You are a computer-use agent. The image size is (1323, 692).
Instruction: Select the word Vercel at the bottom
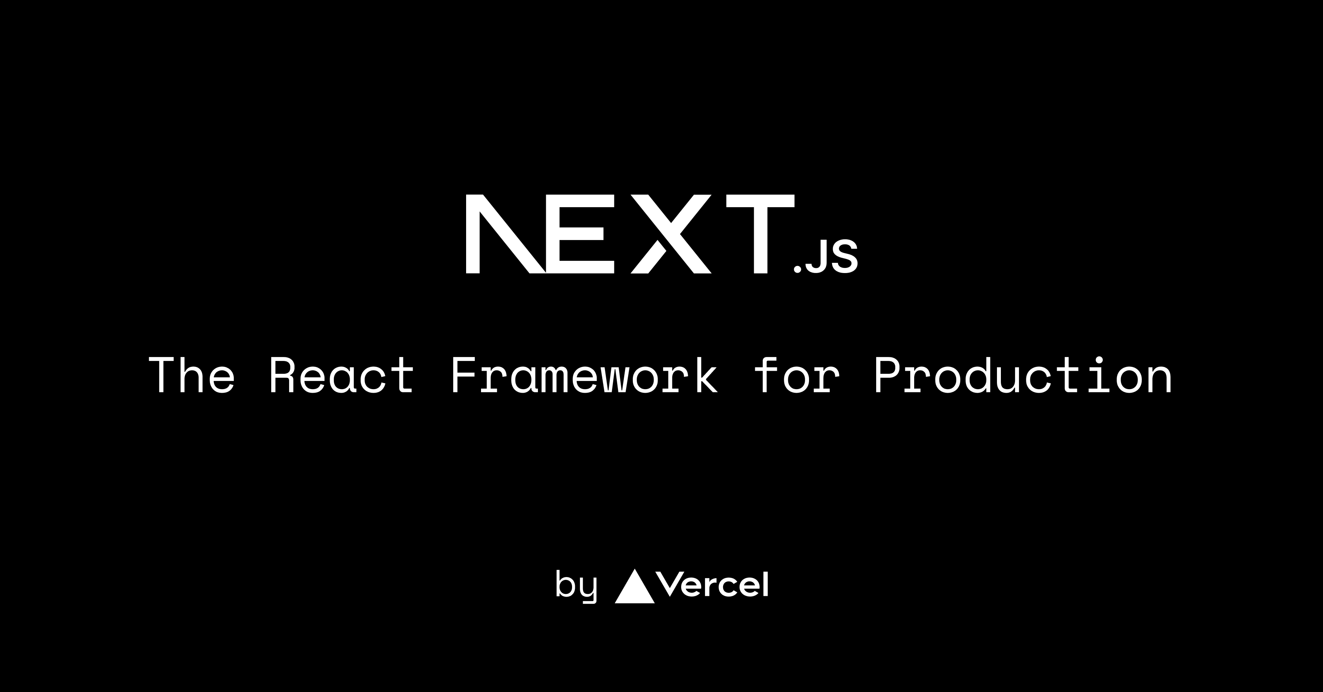713,585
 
